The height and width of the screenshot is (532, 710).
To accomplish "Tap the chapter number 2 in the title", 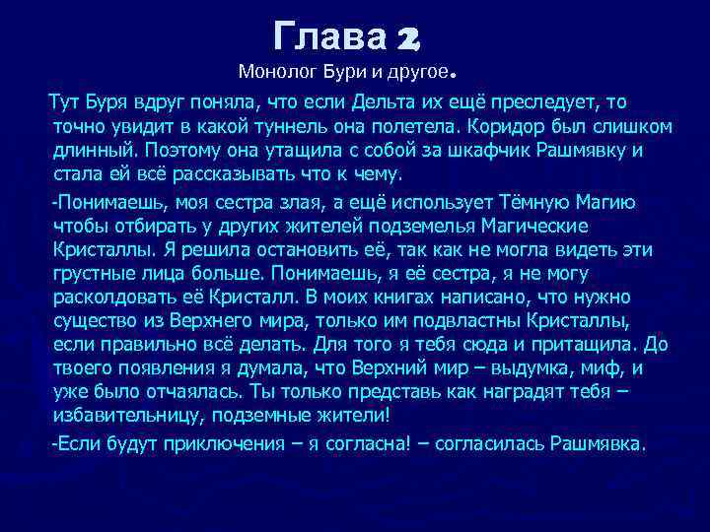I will click(407, 37).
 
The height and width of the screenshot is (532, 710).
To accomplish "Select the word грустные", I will click(100, 273).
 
